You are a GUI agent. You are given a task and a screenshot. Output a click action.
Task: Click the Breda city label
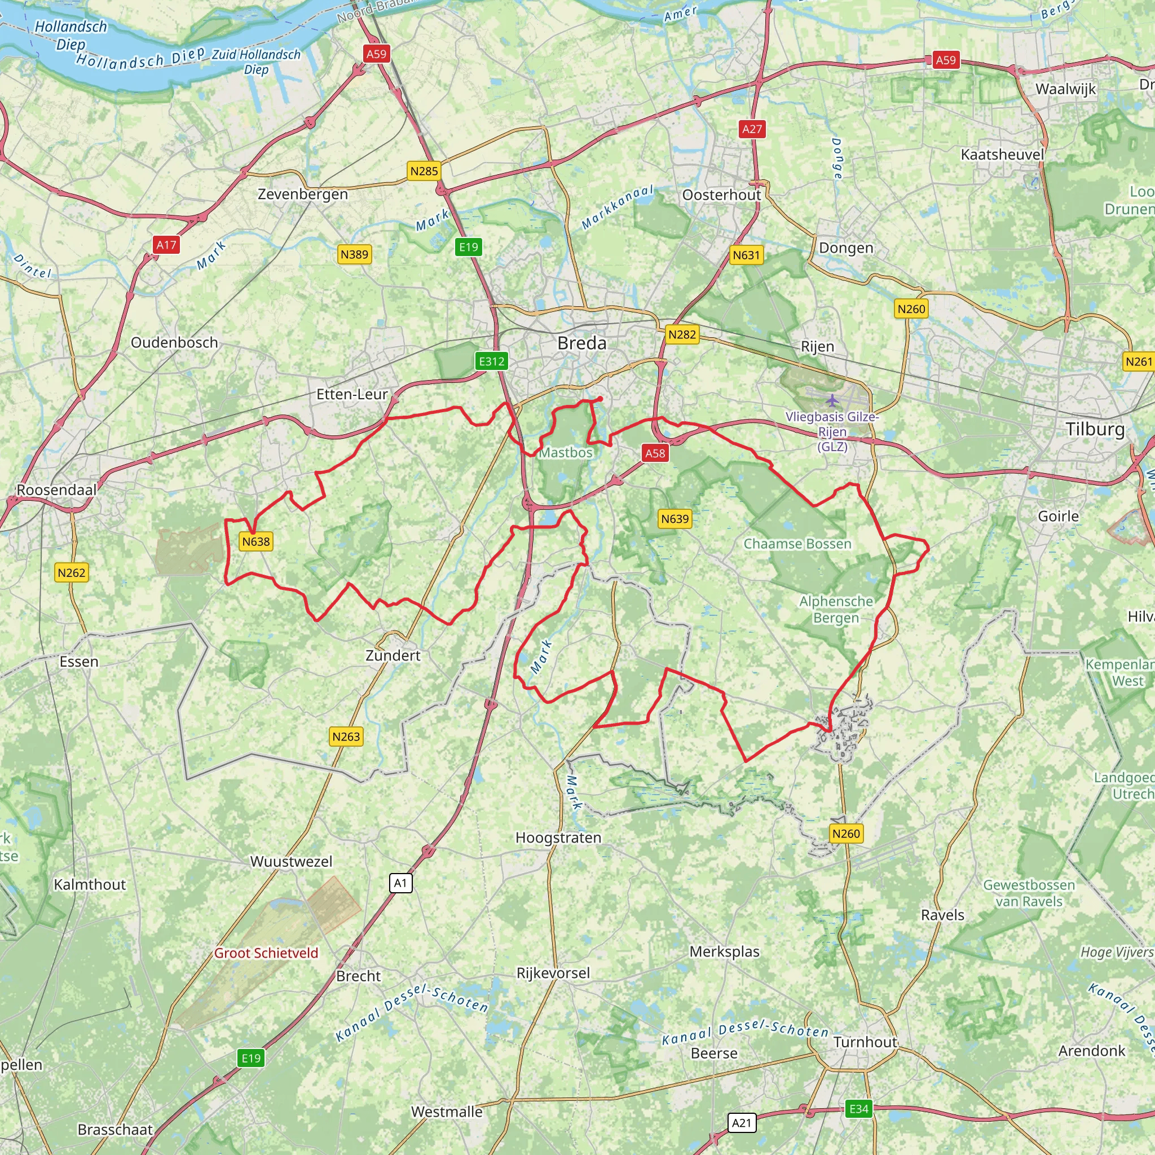pos(581,343)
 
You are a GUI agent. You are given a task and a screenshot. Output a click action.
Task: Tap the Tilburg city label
pos(1095,429)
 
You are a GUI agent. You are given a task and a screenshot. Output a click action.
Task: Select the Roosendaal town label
pos(56,490)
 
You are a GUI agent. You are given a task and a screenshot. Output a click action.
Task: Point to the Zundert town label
pos(393,655)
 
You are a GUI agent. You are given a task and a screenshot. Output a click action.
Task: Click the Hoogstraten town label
pos(558,837)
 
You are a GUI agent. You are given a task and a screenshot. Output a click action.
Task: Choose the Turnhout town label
pos(865,1042)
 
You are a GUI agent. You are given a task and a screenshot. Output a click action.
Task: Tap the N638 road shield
pos(256,541)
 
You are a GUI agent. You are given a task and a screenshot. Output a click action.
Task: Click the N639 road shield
pos(675,519)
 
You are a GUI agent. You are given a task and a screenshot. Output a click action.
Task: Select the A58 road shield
pos(655,453)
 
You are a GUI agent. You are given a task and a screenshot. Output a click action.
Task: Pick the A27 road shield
pos(752,129)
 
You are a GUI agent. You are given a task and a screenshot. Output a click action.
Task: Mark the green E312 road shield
pos(491,361)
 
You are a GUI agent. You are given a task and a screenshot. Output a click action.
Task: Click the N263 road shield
pos(346,737)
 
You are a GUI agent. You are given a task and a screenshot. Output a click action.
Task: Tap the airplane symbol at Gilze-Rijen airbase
pos(832,399)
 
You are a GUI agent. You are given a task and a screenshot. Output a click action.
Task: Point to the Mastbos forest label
pos(566,452)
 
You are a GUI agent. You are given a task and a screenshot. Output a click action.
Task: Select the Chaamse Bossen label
pos(797,544)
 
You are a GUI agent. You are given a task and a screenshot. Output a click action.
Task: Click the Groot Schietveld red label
pos(266,953)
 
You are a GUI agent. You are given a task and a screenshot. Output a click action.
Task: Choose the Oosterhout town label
pos(721,195)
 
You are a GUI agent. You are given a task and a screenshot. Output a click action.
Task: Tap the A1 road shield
pos(400,883)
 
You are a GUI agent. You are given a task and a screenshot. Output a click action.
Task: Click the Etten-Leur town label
pos(352,394)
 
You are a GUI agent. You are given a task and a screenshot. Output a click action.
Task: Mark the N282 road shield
pos(682,335)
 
